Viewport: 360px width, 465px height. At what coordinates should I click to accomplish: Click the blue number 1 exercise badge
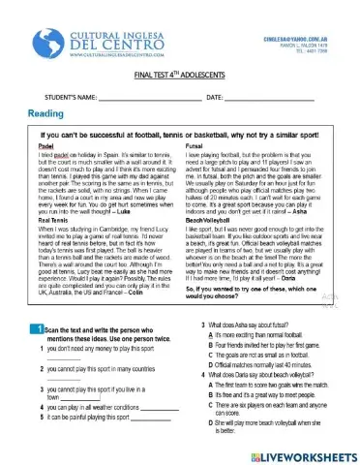coord(34,331)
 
